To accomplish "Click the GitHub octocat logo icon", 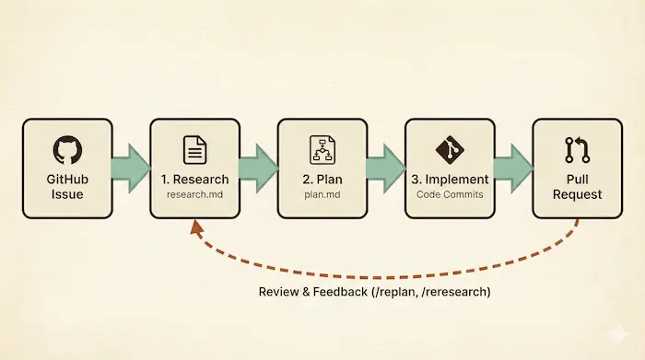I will [66, 150].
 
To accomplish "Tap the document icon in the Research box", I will [194, 149].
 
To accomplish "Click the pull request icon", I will [577, 150].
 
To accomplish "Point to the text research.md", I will [194, 195].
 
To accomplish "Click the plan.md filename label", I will [322, 195].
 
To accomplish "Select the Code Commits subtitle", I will [450, 195].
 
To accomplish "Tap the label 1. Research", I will [194, 180].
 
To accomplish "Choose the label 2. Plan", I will [322, 180].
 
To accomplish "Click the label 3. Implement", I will [450, 180].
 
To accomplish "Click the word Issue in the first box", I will [66, 195].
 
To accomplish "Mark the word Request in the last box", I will [577, 195].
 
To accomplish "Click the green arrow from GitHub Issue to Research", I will [130, 168].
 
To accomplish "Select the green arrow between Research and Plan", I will [258, 168].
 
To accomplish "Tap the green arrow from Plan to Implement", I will [385, 168].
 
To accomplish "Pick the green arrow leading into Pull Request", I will [512, 168].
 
